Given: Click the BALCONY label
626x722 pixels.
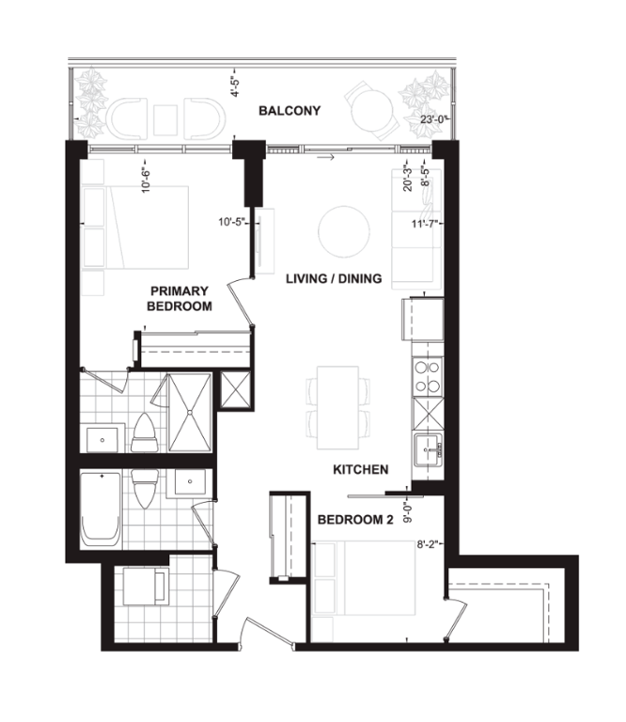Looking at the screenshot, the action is coord(290,111).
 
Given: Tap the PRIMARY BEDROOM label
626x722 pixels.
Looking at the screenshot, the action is coord(179,298).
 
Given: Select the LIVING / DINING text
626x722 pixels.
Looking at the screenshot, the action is coord(334,278).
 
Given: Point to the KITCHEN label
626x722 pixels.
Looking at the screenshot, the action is coord(360,470).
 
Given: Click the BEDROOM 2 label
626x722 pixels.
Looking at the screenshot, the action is coord(355,520).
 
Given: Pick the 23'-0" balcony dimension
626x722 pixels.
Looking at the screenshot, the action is coord(434,119).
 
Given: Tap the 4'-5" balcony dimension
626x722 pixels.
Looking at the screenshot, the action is coord(236,86).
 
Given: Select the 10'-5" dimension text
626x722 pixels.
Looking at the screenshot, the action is coord(232,223).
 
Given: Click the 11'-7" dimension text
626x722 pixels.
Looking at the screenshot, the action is coord(426,225).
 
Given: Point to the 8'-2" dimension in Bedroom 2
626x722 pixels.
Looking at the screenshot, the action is coord(428,544).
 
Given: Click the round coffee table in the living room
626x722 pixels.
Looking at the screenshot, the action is coord(344,231).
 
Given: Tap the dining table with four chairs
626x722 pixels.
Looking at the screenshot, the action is coord(337,407).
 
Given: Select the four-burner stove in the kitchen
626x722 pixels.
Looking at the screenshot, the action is coord(427,376).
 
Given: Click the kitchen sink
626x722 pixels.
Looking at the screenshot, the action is coord(428,449).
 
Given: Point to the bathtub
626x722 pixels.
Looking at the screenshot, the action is coord(101,509).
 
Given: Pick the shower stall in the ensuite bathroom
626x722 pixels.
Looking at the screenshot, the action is coord(190,413).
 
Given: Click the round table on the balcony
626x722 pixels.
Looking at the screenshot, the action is coord(372,112).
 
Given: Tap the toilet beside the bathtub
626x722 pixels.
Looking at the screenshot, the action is coord(145,489).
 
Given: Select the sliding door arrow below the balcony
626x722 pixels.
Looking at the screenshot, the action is coord(325,158).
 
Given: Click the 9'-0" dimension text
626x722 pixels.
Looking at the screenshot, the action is coord(408,513).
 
